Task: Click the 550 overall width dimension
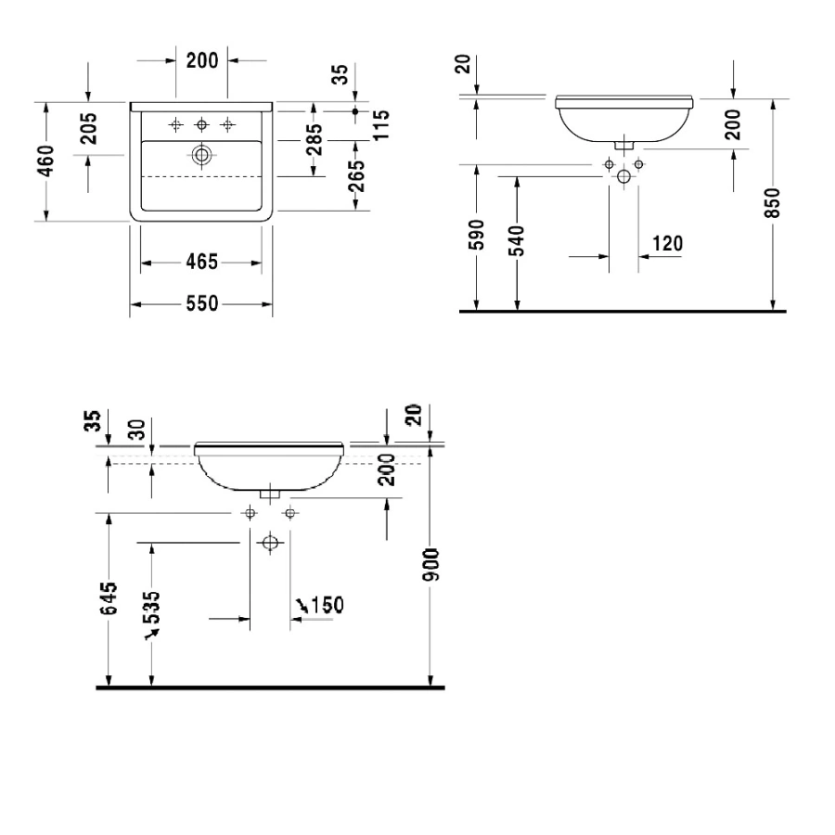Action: tap(202, 303)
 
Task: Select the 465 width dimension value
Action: tap(202, 262)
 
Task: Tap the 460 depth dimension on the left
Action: tap(46, 161)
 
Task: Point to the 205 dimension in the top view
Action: tap(89, 128)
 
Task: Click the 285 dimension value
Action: tap(315, 139)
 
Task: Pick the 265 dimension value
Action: tap(355, 176)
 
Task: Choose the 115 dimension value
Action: tap(381, 125)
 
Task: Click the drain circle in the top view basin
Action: tap(202, 156)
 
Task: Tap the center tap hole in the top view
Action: tap(202, 125)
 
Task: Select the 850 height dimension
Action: tap(773, 203)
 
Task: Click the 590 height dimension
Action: tap(477, 235)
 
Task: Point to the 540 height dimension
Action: tap(517, 240)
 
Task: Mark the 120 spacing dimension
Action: tap(667, 244)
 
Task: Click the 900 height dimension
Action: tap(430, 565)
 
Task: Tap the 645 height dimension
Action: tap(109, 599)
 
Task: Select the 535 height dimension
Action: tap(152, 608)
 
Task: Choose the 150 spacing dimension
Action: tap(327, 606)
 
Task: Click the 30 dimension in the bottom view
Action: tap(137, 430)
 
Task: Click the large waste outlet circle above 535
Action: tap(270, 543)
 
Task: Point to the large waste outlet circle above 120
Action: tap(623, 177)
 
